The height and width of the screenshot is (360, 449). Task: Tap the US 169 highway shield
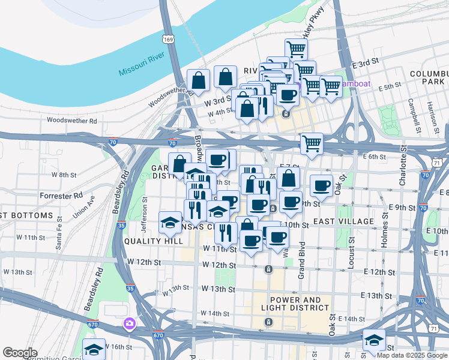(x=167, y=39)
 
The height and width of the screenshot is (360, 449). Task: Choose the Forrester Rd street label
(x=61, y=196)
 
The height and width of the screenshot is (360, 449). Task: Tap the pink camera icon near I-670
(x=129, y=325)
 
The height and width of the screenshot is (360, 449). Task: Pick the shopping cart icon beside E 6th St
(x=312, y=143)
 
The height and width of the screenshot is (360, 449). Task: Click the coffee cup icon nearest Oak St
(x=321, y=185)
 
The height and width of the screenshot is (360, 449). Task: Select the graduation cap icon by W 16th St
(x=94, y=349)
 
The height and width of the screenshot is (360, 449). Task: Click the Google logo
(x=20, y=353)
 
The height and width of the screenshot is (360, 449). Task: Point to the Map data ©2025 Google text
(x=412, y=355)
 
